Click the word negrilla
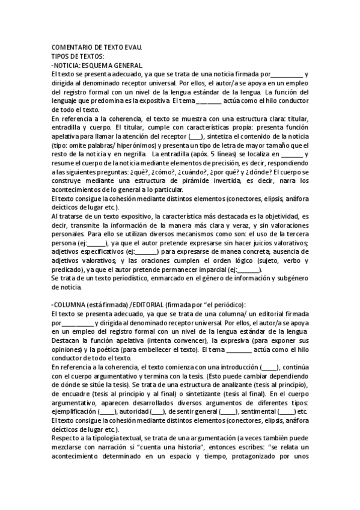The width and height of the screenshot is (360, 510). coord(132,155)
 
